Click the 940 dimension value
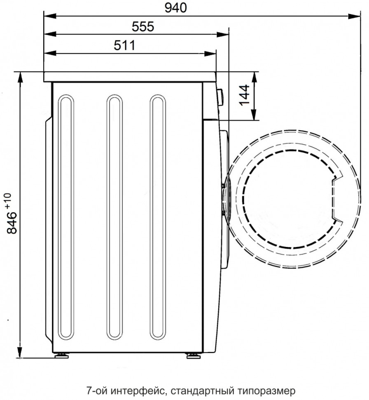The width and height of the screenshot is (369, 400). pyautogui.click(x=175, y=8)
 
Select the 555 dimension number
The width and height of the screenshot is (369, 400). pyautogui.click(x=143, y=26)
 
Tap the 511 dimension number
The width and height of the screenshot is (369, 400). pyautogui.click(x=124, y=45)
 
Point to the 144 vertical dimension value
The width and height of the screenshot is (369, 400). pyautogui.click(x=244, y=95)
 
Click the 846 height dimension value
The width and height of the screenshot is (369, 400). pyautogui.click(x=12, y=223)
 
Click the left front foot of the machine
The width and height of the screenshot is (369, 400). pyautogui.click(x=61, y=355)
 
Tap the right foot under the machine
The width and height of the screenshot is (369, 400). pyautogui.click(x=194, y=355)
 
